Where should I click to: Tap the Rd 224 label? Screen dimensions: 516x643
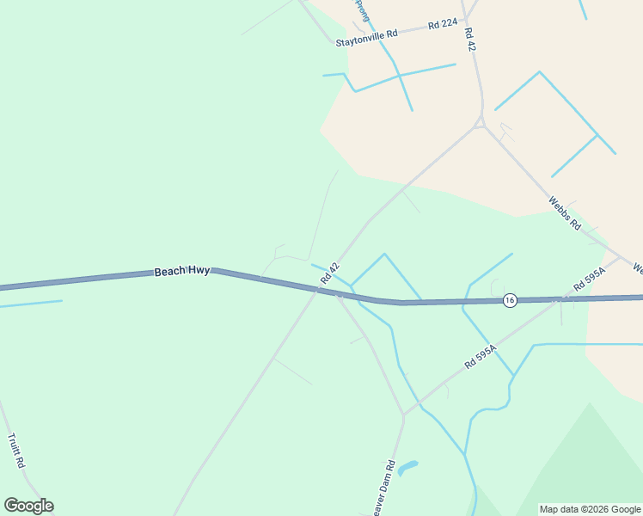[x=443, y=24]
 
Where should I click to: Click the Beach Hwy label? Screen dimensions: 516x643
[x=182, y=271]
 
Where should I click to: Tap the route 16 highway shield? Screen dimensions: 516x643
[x=510, y=300]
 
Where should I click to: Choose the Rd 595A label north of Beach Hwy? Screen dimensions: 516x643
[x=590, y=280]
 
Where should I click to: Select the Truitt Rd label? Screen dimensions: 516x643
[x=15, y=451]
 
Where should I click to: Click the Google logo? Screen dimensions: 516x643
[x=28, y=506]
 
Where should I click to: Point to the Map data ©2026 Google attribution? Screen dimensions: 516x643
[x=591, y=509]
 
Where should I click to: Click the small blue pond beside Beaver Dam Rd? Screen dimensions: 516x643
[x=407, y=469]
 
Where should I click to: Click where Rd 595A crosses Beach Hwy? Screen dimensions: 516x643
[x=559, y=299]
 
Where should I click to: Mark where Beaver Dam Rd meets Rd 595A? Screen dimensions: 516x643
[x=404, y=415]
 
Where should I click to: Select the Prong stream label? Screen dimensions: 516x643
[x=362, y=10]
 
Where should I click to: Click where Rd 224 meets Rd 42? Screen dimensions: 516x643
[x=465, y=21]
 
